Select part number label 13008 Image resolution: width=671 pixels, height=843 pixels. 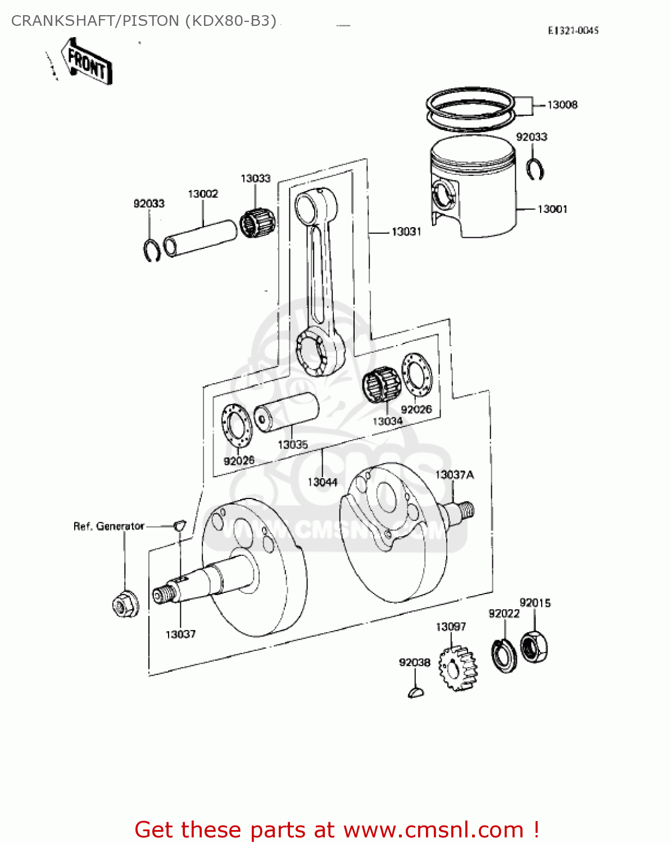(562, 105)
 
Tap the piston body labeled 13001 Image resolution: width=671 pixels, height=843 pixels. (473, 191)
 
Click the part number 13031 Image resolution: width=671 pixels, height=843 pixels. (406, 232)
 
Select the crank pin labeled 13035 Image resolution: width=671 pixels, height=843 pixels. (285, 412)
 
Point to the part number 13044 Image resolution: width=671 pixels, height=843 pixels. (323, 482)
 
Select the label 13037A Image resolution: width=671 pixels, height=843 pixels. (454, 475)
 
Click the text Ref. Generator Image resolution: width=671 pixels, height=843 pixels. (109, 526)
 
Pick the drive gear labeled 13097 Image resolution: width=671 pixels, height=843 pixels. (457, 668)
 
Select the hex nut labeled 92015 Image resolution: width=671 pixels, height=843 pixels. (534, 647)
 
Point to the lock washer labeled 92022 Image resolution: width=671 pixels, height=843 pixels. (504, 655)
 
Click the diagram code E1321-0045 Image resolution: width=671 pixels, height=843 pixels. (573, 31)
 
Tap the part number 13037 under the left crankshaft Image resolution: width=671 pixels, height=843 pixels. (180, 634)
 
